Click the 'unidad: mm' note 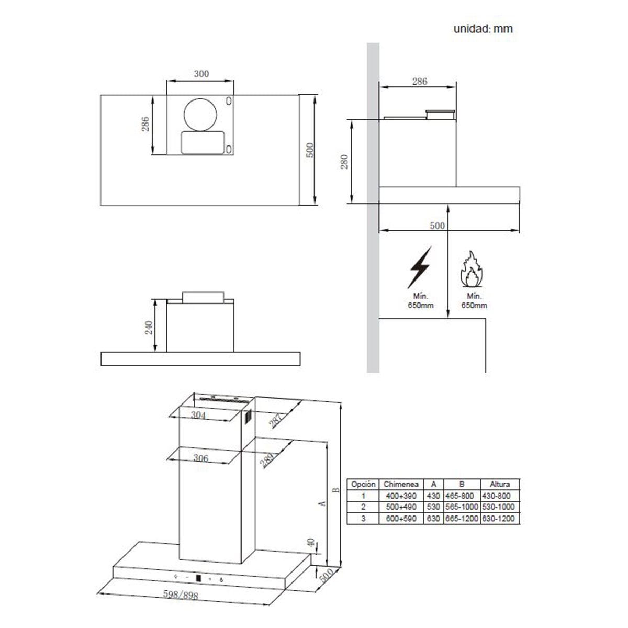pos(483,29)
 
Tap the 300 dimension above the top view pos(201,74)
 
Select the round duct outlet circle pos(200,115)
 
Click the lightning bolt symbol pos(419,267)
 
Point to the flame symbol pos(471,269)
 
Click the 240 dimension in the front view pos(149,328)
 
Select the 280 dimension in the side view pos(344,162)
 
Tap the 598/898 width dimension pos(181,595)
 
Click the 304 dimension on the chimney pos(198,415)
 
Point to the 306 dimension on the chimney pos(200,458)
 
